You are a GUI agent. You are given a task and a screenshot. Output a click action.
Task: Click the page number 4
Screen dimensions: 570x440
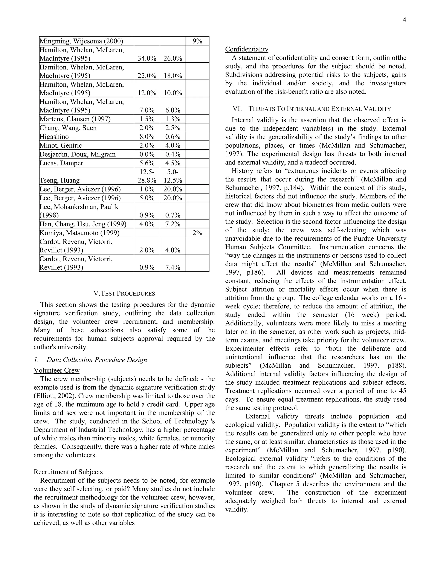[x=404, y=20]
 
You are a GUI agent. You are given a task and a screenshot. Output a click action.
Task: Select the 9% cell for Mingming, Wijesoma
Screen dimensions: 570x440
[x=197, y=41]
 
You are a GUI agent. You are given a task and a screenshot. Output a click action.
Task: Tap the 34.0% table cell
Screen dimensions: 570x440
[x=147, y=58]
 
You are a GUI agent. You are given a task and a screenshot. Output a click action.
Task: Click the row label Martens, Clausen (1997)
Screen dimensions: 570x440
[x=75, y=119]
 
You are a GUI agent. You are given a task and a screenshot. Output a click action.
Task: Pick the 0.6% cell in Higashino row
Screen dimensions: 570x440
[x=173, y=137]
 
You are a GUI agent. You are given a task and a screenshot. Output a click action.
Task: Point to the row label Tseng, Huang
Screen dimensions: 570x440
[x=60, y=180]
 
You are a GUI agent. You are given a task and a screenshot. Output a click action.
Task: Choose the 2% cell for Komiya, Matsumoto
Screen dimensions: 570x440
[x=197, y=233]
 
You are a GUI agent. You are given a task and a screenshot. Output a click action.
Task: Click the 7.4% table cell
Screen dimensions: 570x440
[x=173, y=267]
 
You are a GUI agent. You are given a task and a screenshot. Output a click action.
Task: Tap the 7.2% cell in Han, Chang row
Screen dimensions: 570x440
[x=173, y=224]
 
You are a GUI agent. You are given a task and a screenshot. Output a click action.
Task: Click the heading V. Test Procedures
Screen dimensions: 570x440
[x=124, y=293]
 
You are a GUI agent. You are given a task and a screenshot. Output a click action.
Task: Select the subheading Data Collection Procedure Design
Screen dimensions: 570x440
[x=96, y=360]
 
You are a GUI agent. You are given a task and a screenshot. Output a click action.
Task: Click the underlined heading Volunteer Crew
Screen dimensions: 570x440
[x=57, y=370]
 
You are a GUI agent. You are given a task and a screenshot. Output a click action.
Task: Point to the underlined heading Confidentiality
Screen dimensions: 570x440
[x=247, y=49]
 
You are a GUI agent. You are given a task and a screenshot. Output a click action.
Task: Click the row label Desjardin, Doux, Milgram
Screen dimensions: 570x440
[x=77, y=154]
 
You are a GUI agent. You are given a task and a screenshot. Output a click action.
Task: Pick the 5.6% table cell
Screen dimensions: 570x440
[x=147, y=163]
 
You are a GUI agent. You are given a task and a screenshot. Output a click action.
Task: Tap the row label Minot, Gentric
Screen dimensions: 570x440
[x=61, y=145]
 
